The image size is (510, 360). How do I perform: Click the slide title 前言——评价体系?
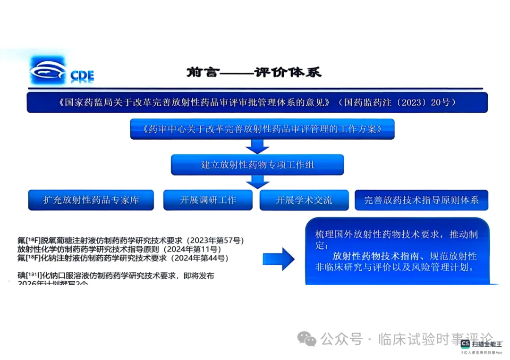pyautogui.click(x=254, y=72)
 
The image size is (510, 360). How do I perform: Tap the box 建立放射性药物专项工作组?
pyautogui.click(x=257, y=165)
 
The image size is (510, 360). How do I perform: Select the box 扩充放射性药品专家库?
pyautogui.click(x=91, y=200)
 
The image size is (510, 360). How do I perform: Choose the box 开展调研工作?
pyautogui.click(x=208, y=200)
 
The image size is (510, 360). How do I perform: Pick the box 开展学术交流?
pyautogui.click(x=304, y=200)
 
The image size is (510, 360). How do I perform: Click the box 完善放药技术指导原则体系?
pyautogui.click(x=421, y=200)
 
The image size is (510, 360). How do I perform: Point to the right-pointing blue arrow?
pyautogui.click(x=278, y=258)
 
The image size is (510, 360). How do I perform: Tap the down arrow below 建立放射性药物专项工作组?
pyautogui.click(x=257, y=182)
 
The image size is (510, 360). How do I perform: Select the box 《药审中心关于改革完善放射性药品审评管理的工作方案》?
pyautogui.click(x=262, y=129)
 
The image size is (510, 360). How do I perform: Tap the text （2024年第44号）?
pyautogui.click(x=199, y=258)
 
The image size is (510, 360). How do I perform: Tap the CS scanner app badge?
pyautogui.click(x=465, y=343)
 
